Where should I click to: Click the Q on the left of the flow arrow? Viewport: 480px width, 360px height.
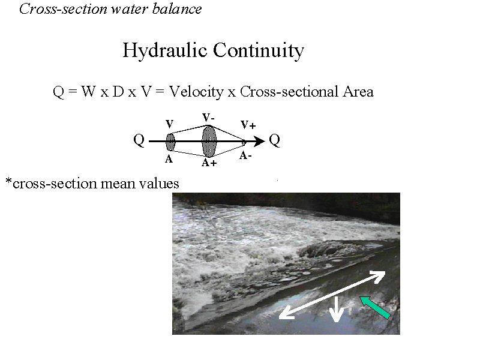click(x=139, y=140)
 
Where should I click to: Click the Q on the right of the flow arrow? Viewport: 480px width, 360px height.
click(x=274, y=140)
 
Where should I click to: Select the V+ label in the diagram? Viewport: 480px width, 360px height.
click(x=248, y=125)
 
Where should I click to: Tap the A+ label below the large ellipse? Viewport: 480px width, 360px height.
click(x=209, y=163)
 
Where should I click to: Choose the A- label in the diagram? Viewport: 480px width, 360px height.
click(x=245, y=156)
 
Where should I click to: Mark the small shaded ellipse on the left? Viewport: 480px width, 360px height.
click(x=170, y=142)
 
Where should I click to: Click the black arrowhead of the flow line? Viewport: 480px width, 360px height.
click(x=259, y=142)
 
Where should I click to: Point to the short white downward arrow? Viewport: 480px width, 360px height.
click(x=337, y=308)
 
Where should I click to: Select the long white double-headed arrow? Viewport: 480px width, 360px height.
click(x=332, y=295)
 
